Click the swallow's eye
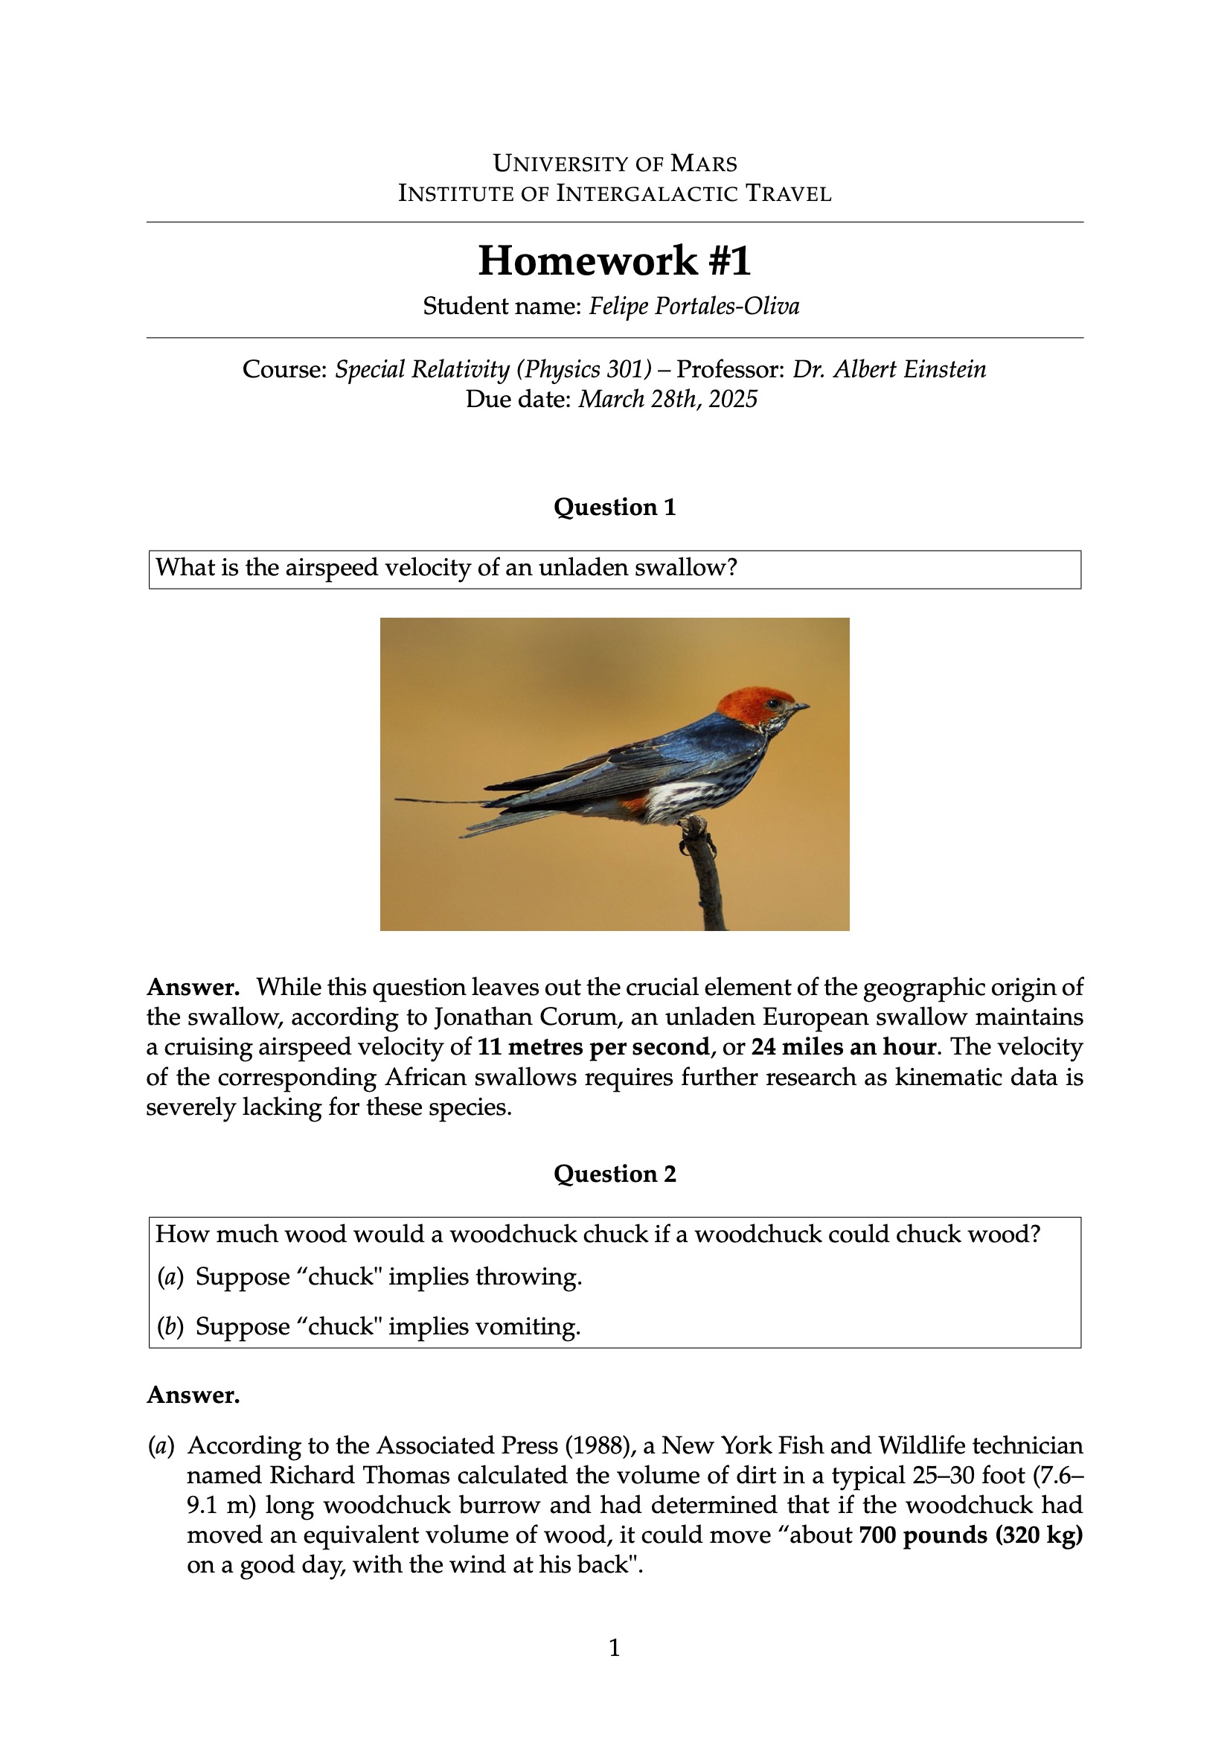tap(773, 703)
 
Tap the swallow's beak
tap(800, 707)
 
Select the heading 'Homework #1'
tap(615, 260)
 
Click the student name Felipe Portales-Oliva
tap(694, 306)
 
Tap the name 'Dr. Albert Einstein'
tap(889, 369)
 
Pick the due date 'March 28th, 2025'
tap(667, 399)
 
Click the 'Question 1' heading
tap(615, 507)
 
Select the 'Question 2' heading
tap(615, 1174)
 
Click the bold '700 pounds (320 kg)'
tap(971, 1535)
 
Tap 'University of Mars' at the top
tap(615, 163)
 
